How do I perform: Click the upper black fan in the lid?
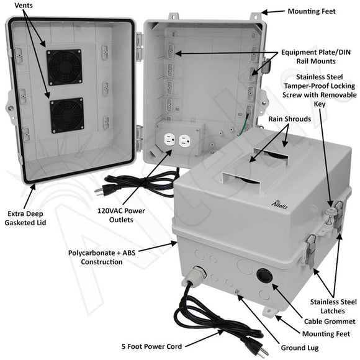click(64, 67)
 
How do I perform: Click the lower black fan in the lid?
click(66, 115)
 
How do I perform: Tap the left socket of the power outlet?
click(166, 142)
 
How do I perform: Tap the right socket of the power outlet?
click(184, 142)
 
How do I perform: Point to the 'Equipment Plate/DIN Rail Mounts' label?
click(316, 56)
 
